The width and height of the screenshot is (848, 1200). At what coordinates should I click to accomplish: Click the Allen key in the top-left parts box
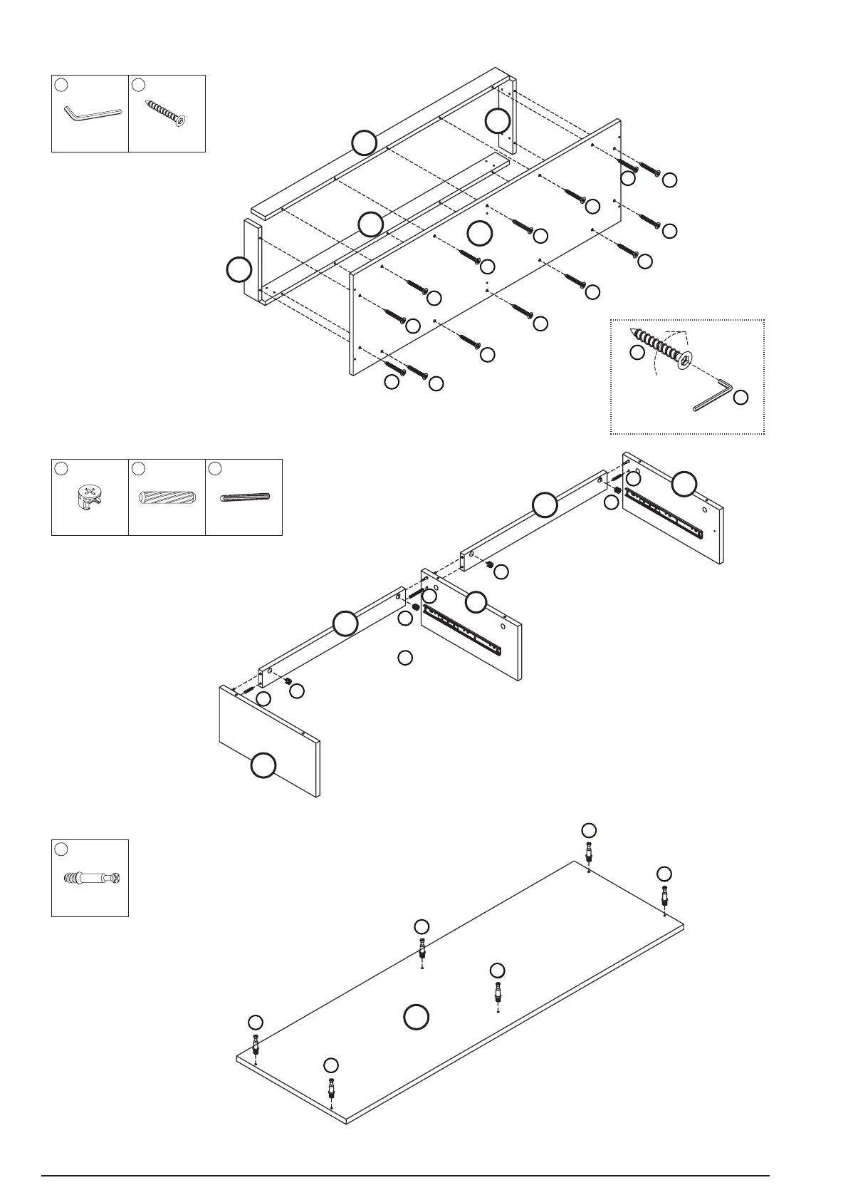pyautogui.click(x=93, y=113)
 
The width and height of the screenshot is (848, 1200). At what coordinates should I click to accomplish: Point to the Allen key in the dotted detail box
pyautogui.click(x=713, y=395)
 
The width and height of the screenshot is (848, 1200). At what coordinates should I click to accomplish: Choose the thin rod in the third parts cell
pyautogui.click(x=244, y=497)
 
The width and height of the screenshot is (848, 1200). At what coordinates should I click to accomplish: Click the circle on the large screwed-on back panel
pyautogui.click(x=480, y=232)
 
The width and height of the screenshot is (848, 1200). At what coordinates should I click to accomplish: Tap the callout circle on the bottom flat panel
pyautogui.click(x=416, y=1017)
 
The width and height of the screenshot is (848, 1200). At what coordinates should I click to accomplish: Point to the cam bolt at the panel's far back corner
pyautogui.click(x=589, y=852)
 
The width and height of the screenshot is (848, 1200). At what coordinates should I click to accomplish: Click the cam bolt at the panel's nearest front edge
pyautogui.click(x=331, y=1090)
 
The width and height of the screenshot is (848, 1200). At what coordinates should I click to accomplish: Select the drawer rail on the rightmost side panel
pyautogui.click(x=669, y=509)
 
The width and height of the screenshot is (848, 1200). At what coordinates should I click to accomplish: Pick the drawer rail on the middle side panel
pyautogui.click(x=463, y=630)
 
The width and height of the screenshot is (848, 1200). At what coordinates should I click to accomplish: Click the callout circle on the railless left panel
pyautogui.click(x=263, y=766)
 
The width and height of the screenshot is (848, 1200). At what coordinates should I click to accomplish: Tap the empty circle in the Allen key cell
pyautogui.click(x=61, y=85)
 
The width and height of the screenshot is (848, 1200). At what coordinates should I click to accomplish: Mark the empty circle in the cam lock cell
pyautogui.click(x=61, y=468)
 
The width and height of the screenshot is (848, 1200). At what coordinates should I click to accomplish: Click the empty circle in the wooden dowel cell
pyautogui.click(x=139, y=468)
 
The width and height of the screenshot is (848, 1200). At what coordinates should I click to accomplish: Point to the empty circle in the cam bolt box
pyautogui.click(x=61, y=849)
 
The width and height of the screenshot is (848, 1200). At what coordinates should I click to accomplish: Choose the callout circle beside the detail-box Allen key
pyautogui.click(x=740, y=398)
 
